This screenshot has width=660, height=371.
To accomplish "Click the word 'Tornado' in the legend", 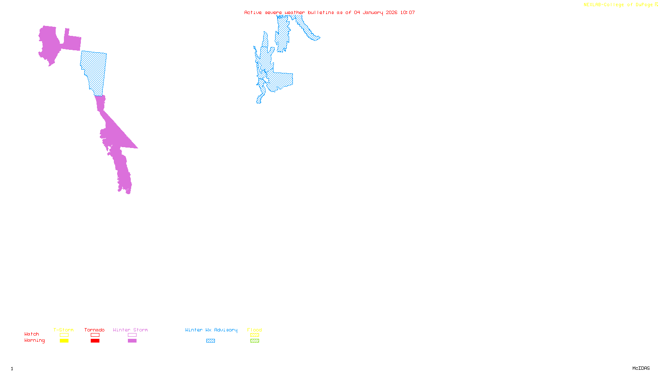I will [x=94, y=330].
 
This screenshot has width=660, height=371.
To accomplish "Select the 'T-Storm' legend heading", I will [x=64, y=330].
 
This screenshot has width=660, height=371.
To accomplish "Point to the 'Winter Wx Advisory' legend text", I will [x=211, y=330].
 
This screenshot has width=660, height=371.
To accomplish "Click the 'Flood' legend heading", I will [x=255, y=330].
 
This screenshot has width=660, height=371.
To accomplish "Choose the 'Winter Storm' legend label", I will [x=130, y=330].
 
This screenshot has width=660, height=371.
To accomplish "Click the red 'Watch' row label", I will [x=32, y=334].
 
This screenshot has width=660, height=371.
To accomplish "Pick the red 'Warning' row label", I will [x=35, y=340].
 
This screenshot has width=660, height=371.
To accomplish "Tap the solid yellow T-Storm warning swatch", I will [x=64, y=341].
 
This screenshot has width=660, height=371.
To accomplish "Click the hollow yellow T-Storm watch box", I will [x=64, y=335].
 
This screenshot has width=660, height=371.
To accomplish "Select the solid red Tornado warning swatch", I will [x=95, y=341].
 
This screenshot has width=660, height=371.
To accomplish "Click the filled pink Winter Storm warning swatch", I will [x=132, y=341].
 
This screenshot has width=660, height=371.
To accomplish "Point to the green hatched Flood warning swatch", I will [x=255, y=341].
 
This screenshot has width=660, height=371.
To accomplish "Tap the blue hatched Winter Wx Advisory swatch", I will [x=210, y=341].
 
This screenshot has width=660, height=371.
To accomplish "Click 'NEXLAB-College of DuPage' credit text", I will [x=618, y=5].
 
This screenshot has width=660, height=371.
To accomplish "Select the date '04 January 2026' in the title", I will [x=376, y=12].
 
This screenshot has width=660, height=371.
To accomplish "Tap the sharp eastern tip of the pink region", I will [x=137, y=148].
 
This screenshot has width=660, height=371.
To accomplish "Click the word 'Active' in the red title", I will [x=253, y=12].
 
